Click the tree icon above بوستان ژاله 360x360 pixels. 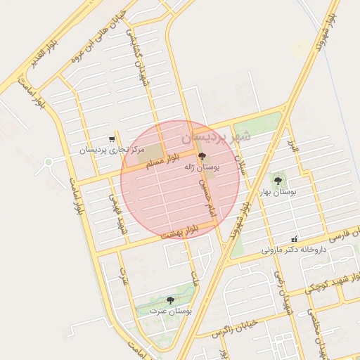202,156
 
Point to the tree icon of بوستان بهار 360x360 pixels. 283,179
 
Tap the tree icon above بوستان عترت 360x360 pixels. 171,300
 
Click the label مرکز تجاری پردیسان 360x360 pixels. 111,150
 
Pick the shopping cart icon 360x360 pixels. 111,139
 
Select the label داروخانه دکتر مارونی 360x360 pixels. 295,249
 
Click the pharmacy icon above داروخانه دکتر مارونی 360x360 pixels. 295,238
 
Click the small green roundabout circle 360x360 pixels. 48,162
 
